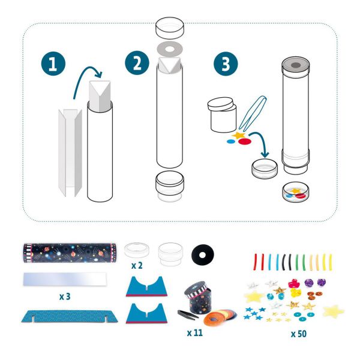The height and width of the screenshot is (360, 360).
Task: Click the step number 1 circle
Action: pos(53,64)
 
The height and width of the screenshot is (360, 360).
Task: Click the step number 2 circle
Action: pos(137,63)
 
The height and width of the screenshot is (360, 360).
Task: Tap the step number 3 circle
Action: pos(226,64)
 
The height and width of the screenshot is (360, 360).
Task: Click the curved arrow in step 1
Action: pos(85,71)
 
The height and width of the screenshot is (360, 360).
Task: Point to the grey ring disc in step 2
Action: pos(170,49)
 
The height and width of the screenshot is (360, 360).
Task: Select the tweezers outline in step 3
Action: pos(252,113)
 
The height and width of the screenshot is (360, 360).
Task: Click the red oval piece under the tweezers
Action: pos(245,142)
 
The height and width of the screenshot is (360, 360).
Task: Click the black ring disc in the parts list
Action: pos(203,255)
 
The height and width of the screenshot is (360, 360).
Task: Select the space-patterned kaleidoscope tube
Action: pos(70,253)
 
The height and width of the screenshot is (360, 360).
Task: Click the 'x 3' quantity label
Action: pos(65,296)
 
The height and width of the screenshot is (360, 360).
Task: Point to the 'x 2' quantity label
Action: pos(137,266)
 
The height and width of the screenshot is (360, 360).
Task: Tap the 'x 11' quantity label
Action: pos(195,332)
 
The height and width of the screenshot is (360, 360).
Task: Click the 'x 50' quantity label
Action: pos(299,334)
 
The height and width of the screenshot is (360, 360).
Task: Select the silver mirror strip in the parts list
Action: pos(65,279)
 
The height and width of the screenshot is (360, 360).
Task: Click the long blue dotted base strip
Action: pos(70,316)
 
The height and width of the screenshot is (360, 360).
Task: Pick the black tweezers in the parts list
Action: pos(188,315)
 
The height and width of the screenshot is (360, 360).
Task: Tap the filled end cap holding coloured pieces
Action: pos(295,192)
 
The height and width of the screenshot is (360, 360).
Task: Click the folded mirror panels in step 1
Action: pos(70,153)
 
